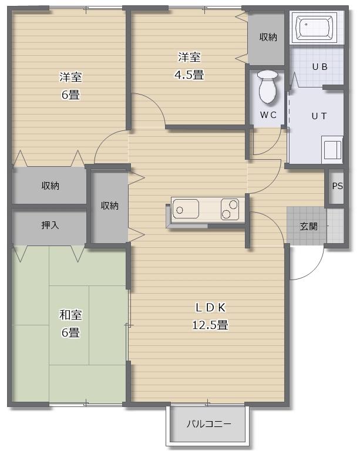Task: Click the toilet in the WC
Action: pos(268,86)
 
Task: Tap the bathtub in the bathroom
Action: pos(314,27)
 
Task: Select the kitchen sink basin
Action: pos(186,208)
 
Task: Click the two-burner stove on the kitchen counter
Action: pos(230,208)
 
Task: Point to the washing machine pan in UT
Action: pos(332,149)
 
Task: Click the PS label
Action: pos(338,186)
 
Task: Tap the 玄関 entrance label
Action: pos(308,226)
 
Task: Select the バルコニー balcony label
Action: pos(209,424)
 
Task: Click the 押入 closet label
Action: pos(50,225)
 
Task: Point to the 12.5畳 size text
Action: pos(210,325)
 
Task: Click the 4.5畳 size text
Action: pos(189,75)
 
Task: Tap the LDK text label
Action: pos(211,308)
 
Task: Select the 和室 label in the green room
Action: pos(70,315)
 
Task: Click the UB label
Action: pos(319,67)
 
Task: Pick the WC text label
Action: pos(268,115)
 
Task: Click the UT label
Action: pos(319,116)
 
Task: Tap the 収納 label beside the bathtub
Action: pos(268,37)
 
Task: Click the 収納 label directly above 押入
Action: pos(51,186)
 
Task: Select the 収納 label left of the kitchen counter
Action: pos(110,206)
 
